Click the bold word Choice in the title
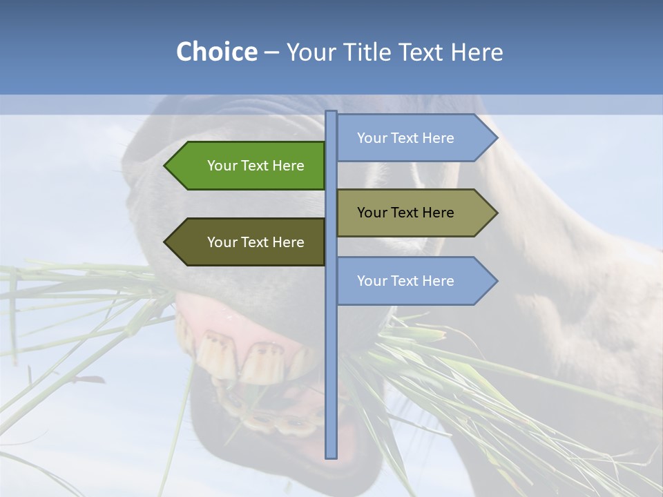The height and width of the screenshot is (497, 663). (216, 52)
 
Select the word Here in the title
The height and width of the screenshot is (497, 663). (477, 52)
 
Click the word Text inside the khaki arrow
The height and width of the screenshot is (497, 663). (405, 213)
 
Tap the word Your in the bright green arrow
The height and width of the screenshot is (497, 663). (222, 166)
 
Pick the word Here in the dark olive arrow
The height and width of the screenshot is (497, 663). (289, 242)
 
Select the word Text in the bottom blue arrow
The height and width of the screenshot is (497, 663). (405, 281)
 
